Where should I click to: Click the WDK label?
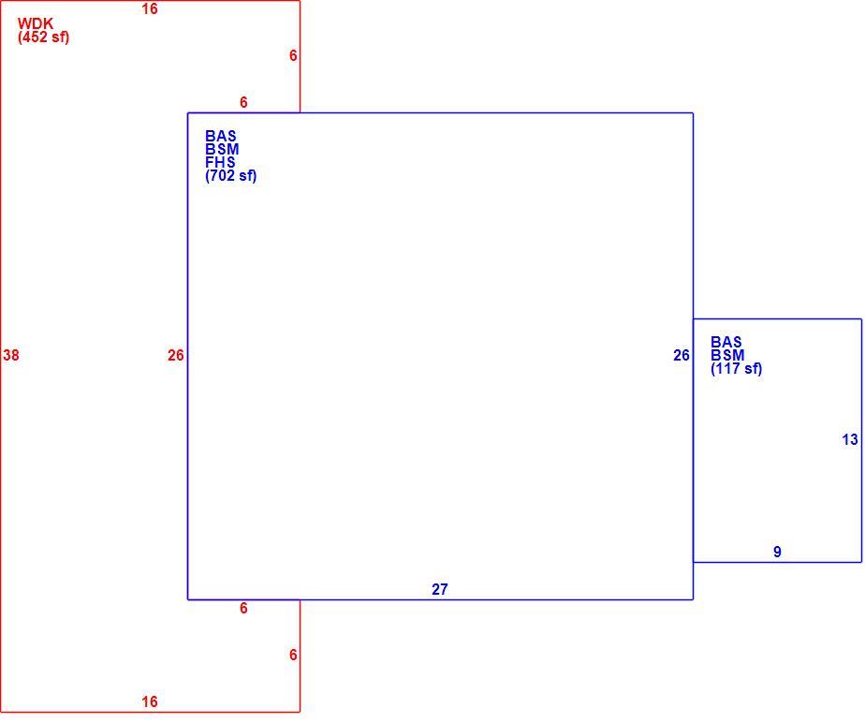pyautogui.click(x=36, y=23)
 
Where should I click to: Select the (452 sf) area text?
pyautogui.click(x=44, y=37)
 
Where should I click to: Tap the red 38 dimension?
pyautogui.click(x=11, y=355)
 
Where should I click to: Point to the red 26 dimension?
pyautogui.click(x=175, y=355)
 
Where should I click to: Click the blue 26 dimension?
pyautogui.click(x=682, y=355)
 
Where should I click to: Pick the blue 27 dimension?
pyautogui.click(x=440, y=589)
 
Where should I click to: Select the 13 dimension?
pyautogui.click(x=850, y=439)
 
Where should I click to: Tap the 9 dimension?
pyautogui.click(x=777, y=552)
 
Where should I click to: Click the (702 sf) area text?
pyautogui.click(x=231, y=175)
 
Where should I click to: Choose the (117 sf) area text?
pyautogui.click(x=737, y=368)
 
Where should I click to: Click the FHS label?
pyautogui.click(x=220, y=162)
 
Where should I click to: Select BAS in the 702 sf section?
pyautogui.click(x=221, y=136)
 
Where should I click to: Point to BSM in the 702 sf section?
pyautogui.click(x=222, y=149)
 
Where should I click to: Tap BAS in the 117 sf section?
pyautogui.click(x=726, y=342)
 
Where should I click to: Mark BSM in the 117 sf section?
pyautogui.click(x=727, y=355)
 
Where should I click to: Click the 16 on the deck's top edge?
pyautogui.click(x=150, y=8)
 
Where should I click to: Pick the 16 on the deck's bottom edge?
pyautogui.click(x=150, y=701)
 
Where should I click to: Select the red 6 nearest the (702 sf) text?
pyautogui.click(x=243, y=102)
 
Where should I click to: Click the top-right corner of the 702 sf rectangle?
pyautogui.click(x=693, y=113)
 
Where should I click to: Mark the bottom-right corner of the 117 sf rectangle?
pyautogui.click(x=861, y=563)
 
